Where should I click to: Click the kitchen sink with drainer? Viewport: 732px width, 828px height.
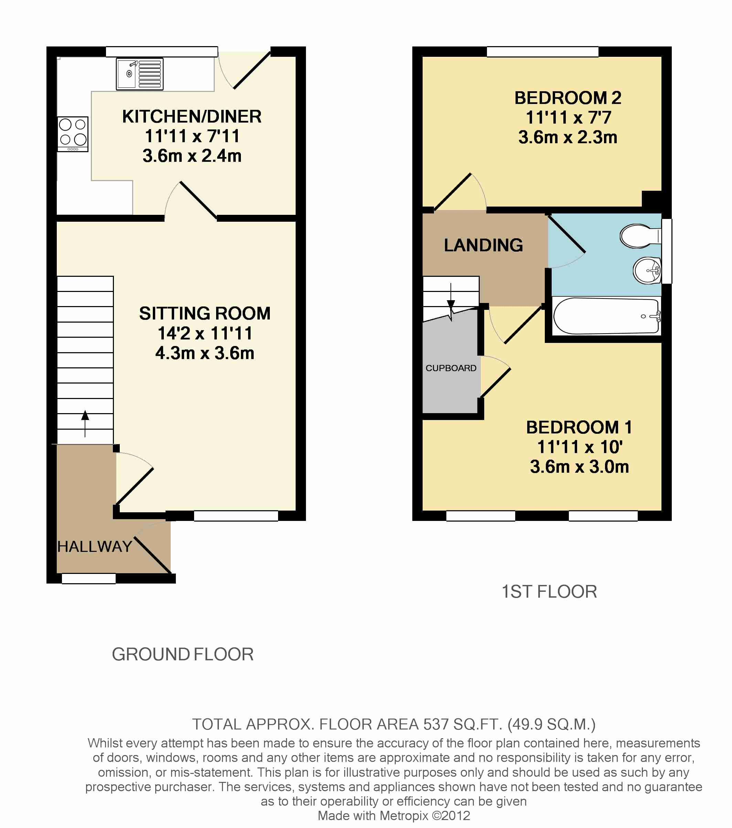140,74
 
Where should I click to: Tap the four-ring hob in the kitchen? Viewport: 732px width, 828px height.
73,134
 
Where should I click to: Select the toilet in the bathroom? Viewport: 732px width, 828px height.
638,236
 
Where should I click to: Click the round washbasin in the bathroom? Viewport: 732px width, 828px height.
647,270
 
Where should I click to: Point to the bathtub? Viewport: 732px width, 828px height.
606,316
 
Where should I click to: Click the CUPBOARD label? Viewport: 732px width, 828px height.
450,368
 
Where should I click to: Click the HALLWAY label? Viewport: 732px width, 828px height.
94,547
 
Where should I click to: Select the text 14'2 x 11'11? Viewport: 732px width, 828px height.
205,333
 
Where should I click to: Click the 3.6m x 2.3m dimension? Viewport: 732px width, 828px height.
567,137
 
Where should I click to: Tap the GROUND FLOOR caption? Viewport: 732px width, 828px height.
183,654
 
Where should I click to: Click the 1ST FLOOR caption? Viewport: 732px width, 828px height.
549,592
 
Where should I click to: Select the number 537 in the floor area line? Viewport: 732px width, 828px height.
436,724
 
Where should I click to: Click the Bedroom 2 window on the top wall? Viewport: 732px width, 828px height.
542,51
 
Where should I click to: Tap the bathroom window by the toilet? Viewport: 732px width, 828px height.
666,251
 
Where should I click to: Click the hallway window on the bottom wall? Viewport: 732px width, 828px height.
89,578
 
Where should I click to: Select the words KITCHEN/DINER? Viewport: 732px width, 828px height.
192,117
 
